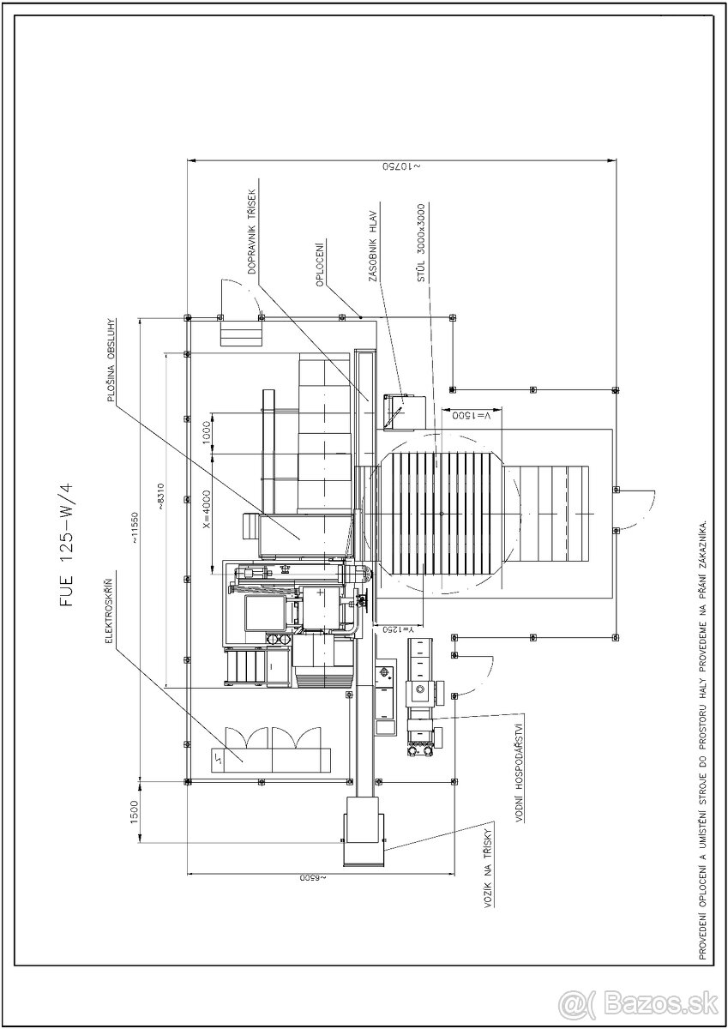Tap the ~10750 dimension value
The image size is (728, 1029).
(x=402, y=166)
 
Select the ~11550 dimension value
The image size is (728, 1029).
(x=135, y=528)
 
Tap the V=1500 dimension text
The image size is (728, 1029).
(x=472, y=415)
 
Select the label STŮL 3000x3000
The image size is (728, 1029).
(x=421, y=242)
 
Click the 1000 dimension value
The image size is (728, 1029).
(x=207, y=433)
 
